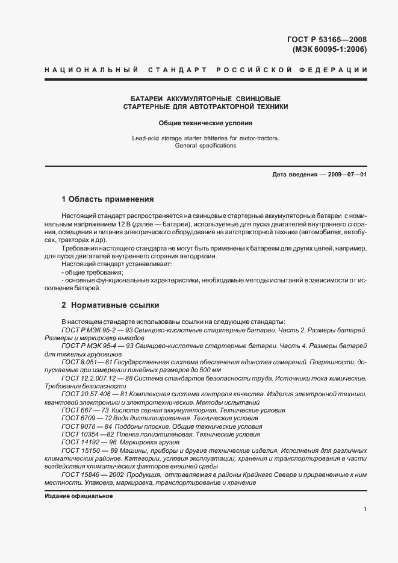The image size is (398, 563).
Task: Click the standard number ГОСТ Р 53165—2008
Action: point(327,40)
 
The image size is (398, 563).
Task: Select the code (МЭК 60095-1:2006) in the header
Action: point(329,50)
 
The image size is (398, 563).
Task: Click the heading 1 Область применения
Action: point(108,199)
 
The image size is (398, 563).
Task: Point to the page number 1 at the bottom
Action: point(365,509)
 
